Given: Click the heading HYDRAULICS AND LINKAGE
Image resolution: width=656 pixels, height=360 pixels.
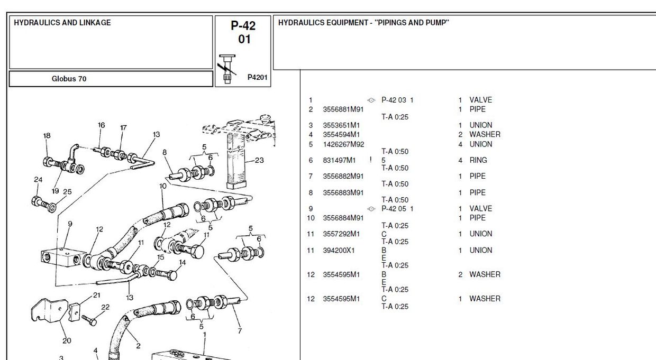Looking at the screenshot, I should (x=62, y=23).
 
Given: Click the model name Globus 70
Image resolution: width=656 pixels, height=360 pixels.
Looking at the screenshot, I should (x=69, y=79).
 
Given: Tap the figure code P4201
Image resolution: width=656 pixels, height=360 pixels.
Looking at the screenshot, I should (x=258, y=77).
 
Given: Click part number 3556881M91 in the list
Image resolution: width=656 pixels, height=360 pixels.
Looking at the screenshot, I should (x=343, y=109).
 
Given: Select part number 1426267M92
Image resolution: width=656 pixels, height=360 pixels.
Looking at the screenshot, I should (x=343, y=144).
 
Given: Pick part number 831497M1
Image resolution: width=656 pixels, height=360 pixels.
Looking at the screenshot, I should (x=339, y=160).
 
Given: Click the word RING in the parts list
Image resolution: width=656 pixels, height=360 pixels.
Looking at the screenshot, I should (x=478, y=160).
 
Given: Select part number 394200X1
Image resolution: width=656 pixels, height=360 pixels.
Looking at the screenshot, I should (x=339, y=251).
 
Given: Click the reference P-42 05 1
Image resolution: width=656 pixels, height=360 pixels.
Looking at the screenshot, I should (x=397, y=209).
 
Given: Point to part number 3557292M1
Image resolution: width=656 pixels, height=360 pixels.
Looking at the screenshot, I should (x=341, y=234).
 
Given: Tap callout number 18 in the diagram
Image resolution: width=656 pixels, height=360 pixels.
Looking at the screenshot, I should (x=47, y=136).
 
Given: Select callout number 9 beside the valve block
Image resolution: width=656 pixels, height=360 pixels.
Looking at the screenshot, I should (x=70, y=224).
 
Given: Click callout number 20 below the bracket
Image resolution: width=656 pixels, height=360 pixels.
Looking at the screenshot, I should (x=67, y=340).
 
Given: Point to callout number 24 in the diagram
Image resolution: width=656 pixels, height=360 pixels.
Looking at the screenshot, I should (x=38, y=180).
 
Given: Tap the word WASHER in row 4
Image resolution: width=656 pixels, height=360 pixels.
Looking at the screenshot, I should (x=485, y=135).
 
